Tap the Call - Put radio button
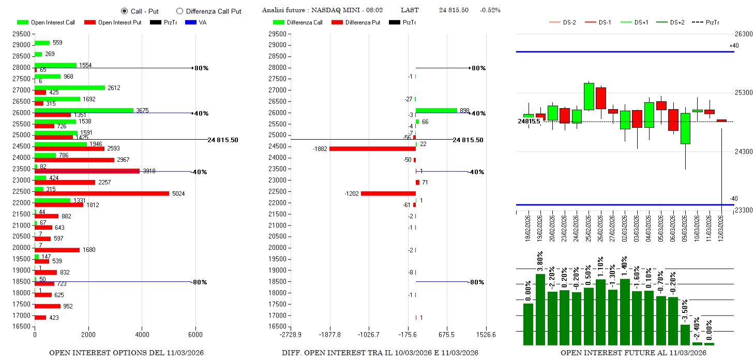[x=124, y=11]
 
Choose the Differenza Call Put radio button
[x=179, y=11]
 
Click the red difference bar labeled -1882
[x=372, y=149]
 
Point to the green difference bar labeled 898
[x=436, y=110]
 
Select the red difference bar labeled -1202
[x=388, y=193]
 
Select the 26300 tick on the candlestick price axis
[x=744, y=34]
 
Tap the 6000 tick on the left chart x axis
[x=195, y=335]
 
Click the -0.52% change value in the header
[x=490, y=10]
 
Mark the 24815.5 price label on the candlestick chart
[x=529, y=122]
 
